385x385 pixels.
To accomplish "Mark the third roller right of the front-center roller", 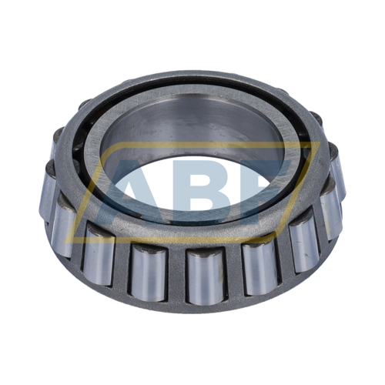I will (332, 216).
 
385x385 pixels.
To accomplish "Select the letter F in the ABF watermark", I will (266, 189).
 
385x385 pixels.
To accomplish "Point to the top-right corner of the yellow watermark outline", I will (318, 144).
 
